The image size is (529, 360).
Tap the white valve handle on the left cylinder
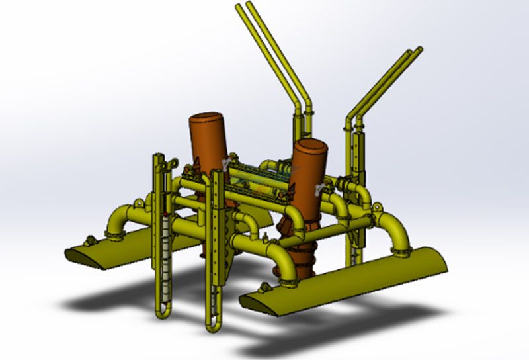pyautogui.click(x=227, y=163)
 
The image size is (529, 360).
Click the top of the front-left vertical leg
pyautogui.click(x=158, y=157)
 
